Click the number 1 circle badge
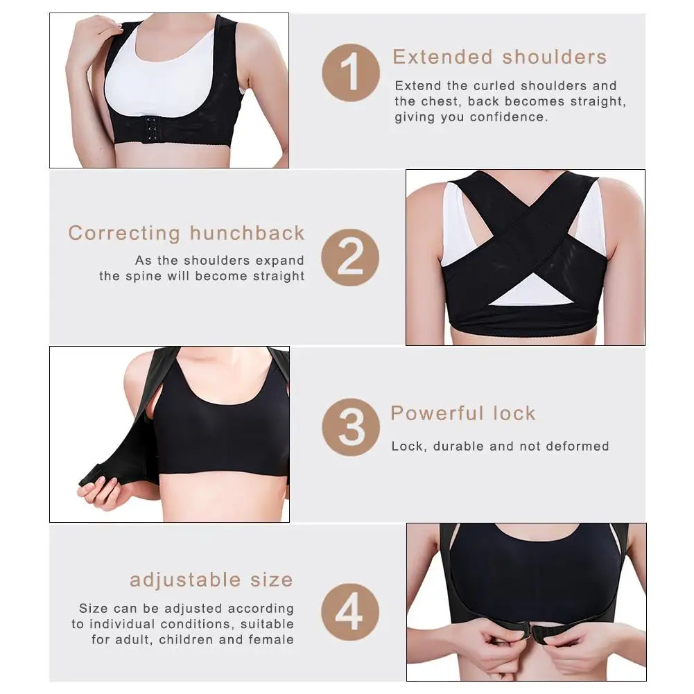point(351,73)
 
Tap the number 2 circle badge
point(350,257)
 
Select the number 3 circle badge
point(351,427)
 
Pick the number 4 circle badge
point(350,612)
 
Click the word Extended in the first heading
point(442,57)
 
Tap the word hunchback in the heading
point(247,233)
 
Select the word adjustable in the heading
point(185,580)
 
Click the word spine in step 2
point(144,276)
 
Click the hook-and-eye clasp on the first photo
point(152,129)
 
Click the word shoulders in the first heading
point(554,57)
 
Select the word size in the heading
point(272,580)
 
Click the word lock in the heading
point(514,413)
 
